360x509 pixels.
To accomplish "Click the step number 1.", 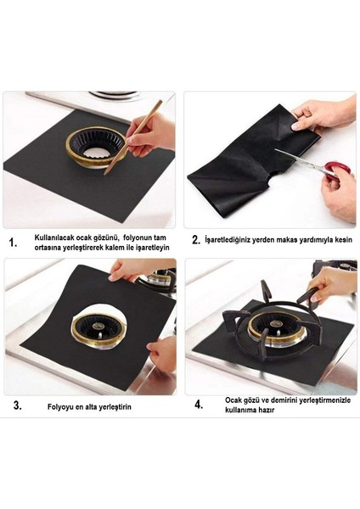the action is click(13, 243).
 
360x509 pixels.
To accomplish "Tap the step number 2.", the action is click(196, 240).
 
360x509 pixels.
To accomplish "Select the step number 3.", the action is click(18, 406).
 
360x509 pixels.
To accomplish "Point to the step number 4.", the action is click(199, 405).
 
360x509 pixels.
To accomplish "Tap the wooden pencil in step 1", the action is click(133, 137).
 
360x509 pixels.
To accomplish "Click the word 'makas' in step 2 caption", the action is click(288, 240).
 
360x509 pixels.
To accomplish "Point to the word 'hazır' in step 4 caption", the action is click(266, 410).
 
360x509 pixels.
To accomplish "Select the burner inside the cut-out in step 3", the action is click(98, 327).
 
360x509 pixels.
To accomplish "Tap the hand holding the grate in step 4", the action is click(330, 283).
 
